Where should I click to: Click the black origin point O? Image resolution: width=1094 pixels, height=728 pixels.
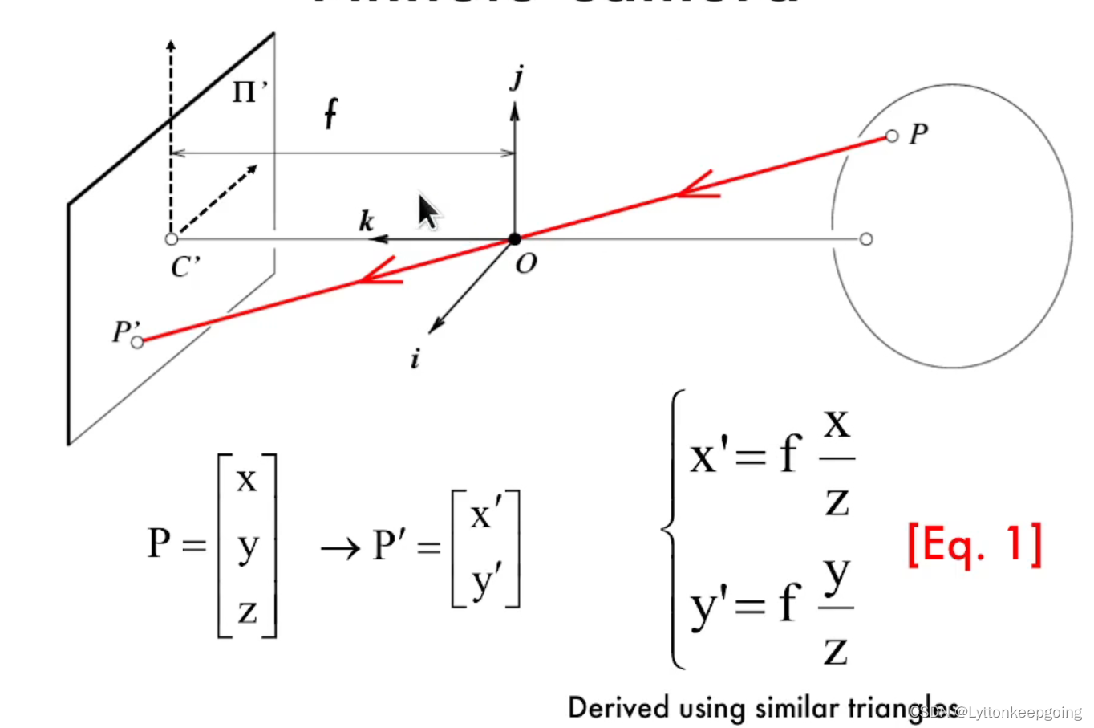pos(515,239)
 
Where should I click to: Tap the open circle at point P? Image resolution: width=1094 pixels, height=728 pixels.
pos(892,136)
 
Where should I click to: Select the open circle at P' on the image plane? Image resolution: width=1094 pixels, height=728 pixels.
pos(137,343)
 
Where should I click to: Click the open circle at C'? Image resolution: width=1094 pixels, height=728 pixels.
pos(171,239)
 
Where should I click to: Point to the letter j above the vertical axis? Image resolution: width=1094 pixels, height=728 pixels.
pos(517,79)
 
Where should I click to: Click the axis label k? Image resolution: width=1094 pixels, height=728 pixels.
pos(366,221)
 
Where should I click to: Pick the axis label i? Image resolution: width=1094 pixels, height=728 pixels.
pos(415,359)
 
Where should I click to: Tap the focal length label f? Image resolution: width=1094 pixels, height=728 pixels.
pos(330,114)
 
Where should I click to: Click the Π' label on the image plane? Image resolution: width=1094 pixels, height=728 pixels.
pos(249,92)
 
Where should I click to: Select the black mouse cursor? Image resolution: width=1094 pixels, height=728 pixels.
pos(428,211)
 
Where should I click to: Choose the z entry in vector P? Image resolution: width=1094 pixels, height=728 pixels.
pos(247,612)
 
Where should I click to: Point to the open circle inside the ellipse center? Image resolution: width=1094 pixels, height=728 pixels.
pos(865,239)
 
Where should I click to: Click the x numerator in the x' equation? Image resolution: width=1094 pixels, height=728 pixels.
pos(837,423)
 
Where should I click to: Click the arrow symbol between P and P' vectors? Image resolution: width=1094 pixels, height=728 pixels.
pos(340,549)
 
